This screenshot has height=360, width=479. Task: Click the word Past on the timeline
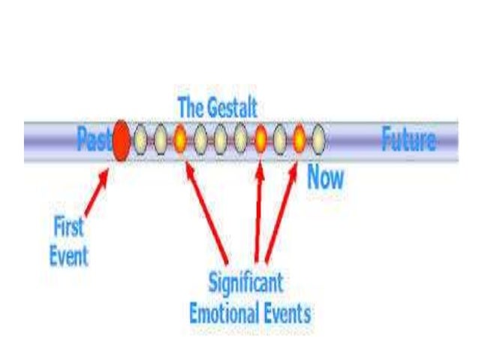click(x=94, y=139)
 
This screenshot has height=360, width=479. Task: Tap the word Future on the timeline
click(x=408, y=141)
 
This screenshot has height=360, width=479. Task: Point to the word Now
click(x=325, y=178)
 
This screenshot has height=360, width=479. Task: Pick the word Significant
click(x=246, y=284)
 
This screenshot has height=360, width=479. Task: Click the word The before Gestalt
click(x=189, y=107)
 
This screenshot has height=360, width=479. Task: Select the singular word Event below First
click(x=68, y=256)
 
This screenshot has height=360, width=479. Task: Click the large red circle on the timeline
click(x=120, y=140)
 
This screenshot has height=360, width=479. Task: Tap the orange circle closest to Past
click(x=180, y=139)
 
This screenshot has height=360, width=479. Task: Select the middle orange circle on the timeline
click(x=260, y=139)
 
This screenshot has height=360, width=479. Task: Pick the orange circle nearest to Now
click(x=299, y=139)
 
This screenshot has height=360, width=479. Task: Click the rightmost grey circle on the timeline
click(x=318, y=139)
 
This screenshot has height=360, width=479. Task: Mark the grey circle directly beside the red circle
click(x=140, y=139)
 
